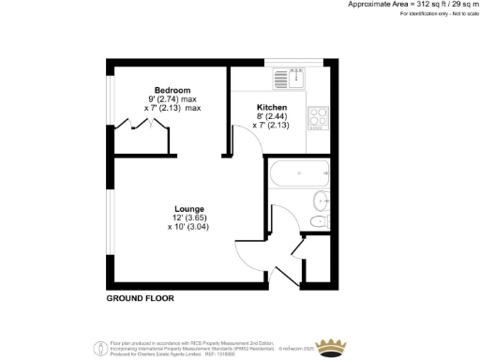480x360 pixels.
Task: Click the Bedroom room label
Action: pyautogui.click(x=173, y=90)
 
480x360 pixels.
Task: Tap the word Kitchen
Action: pyautogui.click(x=271, y=109)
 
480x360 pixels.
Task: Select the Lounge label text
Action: pyautogui.click(x=189, y=208)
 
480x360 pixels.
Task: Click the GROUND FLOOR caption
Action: pyautogui.click(x=140, y=298)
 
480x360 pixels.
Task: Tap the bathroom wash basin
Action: pyautogui.click(x=322, y=199)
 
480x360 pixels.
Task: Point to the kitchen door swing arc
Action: pyautogui.click(x=246, y=141)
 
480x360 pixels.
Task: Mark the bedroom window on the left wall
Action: pyautogui.click(x=109, y=109)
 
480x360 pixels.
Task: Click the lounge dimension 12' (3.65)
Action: pyautogui.click(x=189, y=217)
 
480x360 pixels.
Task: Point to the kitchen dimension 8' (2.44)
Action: pyautogui.click(x=272, y=118)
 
